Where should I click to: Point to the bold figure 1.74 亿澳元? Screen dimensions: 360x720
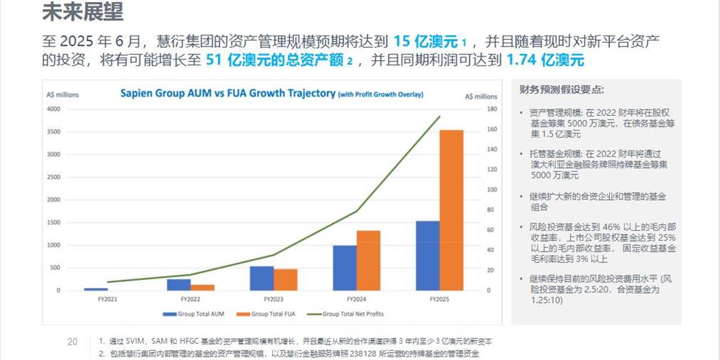545,61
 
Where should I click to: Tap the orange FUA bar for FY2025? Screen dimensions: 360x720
451,210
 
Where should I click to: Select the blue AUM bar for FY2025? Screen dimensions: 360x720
427,255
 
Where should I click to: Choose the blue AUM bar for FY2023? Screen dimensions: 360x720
261,278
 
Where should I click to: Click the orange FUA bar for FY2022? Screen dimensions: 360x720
202,287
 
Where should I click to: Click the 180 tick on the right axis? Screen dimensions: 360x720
490,109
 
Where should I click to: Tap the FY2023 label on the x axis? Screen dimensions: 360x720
274,299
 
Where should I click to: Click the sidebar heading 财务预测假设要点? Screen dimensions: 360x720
561,90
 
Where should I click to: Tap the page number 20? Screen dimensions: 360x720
72,341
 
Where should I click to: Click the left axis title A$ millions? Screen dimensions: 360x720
62,95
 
